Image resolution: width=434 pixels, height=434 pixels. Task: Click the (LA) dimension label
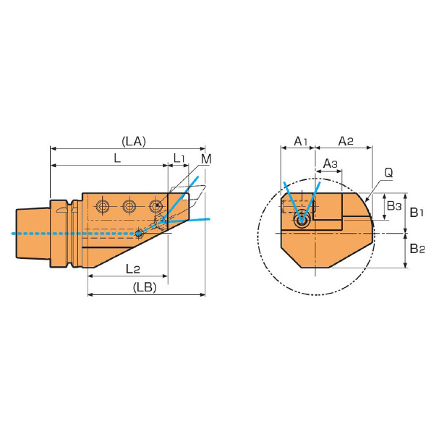click(x=134, y=142)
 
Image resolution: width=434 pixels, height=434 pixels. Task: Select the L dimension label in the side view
click(x=117, y=158)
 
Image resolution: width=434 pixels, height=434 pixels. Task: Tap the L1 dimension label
click(x=179, y=158)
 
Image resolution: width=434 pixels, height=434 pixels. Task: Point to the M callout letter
click(x=206, y=159)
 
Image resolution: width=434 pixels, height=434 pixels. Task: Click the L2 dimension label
click(x=133, y=269)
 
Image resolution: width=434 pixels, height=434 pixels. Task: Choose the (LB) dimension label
click(x=145, y=287)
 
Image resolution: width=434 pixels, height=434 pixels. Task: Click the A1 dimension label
click(x=301, y=142)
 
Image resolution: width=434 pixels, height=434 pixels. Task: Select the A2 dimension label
click(x=346, y=142)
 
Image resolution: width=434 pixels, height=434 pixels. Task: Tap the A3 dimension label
click(x=331, y=164)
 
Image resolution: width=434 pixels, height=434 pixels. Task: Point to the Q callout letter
click(x=388, y=173)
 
